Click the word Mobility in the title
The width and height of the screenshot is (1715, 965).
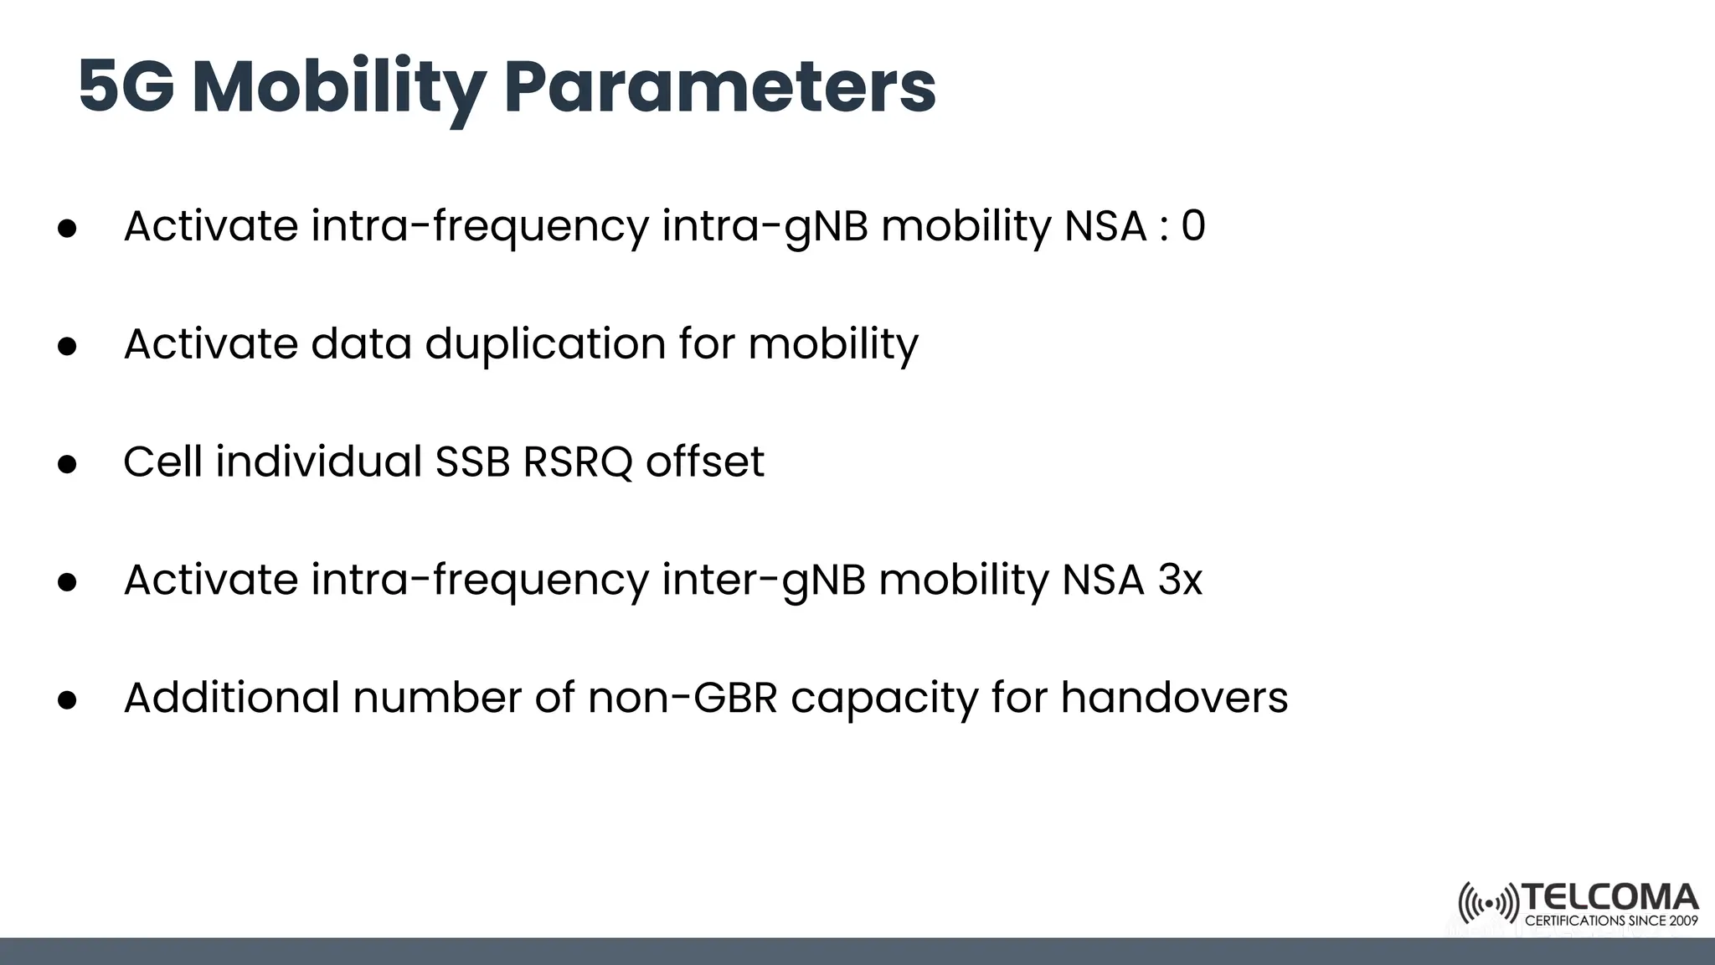tap(339, 87)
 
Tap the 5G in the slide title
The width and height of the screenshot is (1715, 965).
tap(126, 87)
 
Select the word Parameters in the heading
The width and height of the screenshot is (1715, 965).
tap(720, 87)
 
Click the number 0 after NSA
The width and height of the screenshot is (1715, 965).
tap(1193, 226)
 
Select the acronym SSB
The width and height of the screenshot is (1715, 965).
tap(472, 462)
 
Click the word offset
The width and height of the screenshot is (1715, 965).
tap(704, 462)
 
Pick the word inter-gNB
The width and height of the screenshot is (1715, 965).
tap(763, 581)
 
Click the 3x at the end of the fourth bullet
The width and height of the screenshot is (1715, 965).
tap(1180, 581)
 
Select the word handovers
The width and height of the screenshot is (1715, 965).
tap(1174, 698)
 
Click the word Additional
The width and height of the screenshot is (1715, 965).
tap(231, 698)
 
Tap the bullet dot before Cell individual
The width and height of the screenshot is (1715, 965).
tap(68, 464)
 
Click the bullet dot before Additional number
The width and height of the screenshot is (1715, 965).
tap(68, 700)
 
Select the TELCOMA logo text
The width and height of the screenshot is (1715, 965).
tap(1610, 898)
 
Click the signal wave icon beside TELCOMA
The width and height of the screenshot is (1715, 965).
tap(1488, 904)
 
